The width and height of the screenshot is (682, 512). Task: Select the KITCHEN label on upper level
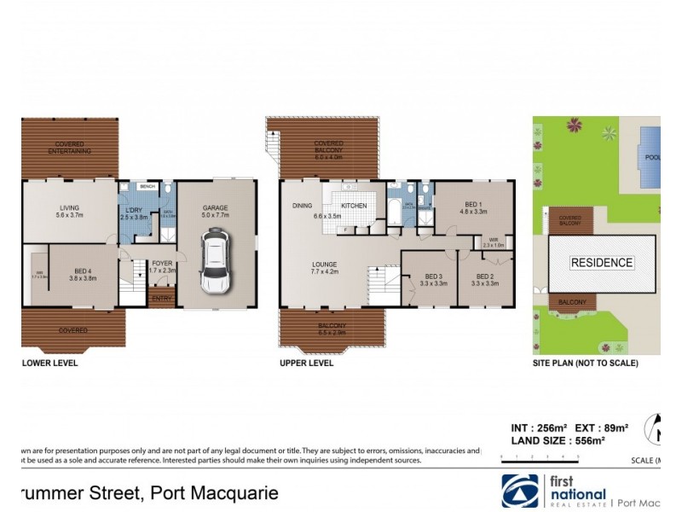(x=353, y=207)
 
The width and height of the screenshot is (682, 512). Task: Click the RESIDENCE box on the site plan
(x=602, y=263)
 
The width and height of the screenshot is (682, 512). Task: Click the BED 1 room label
(x=473, y=206)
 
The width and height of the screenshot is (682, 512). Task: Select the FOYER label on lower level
(x=163, y=265)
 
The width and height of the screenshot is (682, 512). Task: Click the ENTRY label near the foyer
(x=161, y=298)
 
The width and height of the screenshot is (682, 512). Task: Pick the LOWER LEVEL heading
(x=50, y=363)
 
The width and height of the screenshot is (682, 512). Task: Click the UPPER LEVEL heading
(x=307, y=363)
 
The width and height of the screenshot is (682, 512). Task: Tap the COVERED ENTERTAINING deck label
(x=69, y=148)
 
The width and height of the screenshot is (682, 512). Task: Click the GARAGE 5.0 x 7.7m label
(x=215, y=211)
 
